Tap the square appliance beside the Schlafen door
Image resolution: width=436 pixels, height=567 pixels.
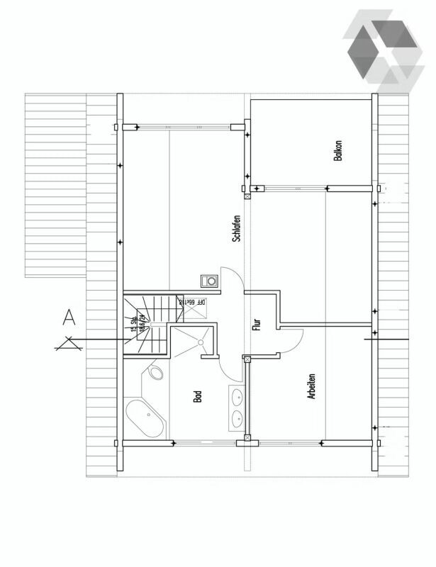(210, 281)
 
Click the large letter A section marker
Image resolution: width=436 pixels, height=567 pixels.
(68, 317)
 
